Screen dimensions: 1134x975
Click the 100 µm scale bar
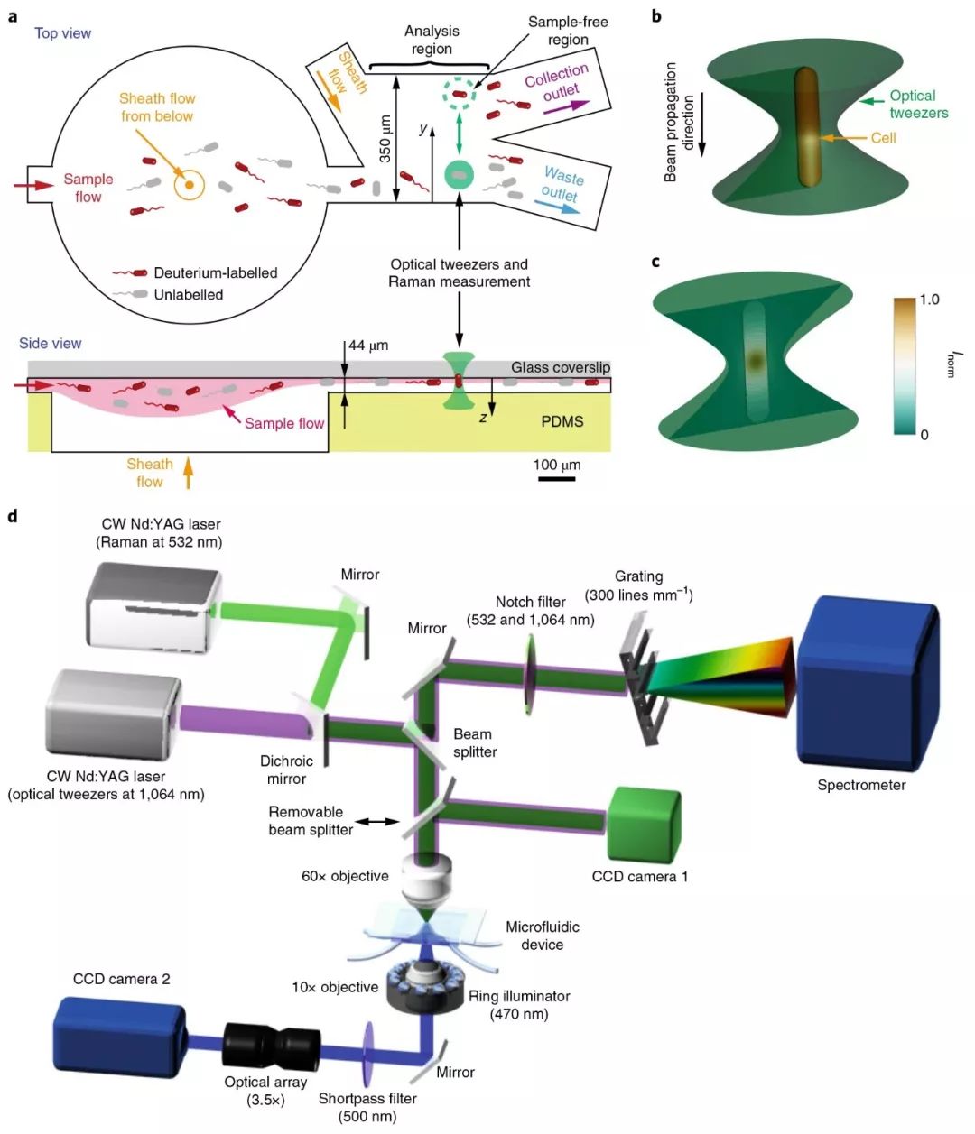556,478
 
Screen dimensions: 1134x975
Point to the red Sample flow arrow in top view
35,186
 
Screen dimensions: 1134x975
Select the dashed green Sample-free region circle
460,92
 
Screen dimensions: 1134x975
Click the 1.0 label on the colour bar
929,300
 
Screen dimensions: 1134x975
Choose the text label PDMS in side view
562,421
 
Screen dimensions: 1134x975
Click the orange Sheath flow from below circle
190,186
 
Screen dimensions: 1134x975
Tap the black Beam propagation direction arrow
702,125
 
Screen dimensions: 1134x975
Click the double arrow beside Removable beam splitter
378,821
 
